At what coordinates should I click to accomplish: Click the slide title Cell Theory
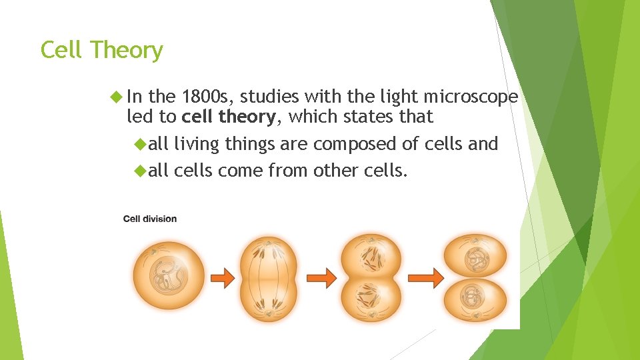click(101, 50)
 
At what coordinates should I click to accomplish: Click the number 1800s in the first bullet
click(207, 97)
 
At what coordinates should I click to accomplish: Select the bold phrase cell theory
click(229, 117)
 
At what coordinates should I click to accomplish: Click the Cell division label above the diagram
click(150, 219)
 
